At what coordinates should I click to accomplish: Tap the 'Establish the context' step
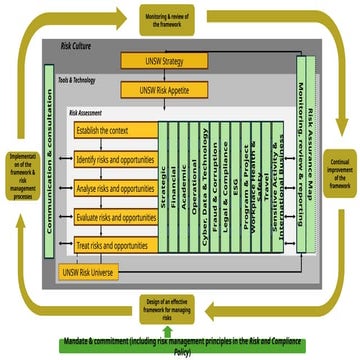click(x=116, y=129)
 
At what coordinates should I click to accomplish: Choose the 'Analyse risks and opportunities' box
click(x=116, y=187)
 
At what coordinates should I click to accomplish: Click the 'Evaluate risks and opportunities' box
click(x=116, y=216)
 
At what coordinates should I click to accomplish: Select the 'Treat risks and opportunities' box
click(x=116, y=245)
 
